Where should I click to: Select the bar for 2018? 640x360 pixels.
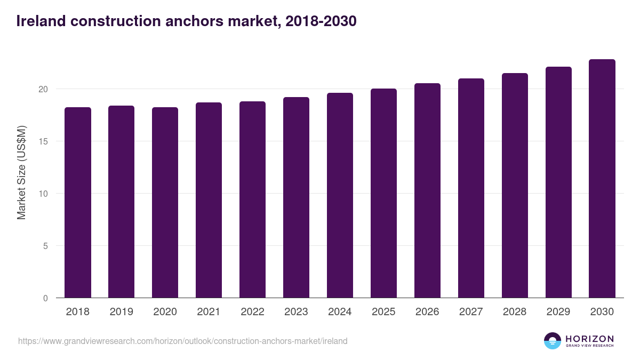(78, 203)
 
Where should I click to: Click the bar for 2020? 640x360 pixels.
(165, 203)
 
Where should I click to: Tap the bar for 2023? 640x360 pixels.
(297, 197)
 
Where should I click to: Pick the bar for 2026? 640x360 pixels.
(428, 190)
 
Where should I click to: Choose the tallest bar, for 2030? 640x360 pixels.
(602, 179)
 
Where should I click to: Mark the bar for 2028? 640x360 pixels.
(515, 186)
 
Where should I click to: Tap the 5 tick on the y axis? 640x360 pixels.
(45, 246)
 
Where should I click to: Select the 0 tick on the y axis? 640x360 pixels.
(45, 298)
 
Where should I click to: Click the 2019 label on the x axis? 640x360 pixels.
(122, 312)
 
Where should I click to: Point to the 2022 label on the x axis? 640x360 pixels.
(253, 312)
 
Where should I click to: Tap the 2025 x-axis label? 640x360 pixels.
(384, 312)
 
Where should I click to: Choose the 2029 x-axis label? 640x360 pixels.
(558, 312)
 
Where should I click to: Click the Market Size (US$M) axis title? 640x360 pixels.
(21, 172)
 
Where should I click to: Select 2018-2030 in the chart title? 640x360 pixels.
(321, 21)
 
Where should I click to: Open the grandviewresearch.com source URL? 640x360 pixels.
(183, 341)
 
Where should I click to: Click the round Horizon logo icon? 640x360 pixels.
(553, 341)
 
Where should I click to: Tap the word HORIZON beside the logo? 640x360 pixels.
(589, 339)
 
